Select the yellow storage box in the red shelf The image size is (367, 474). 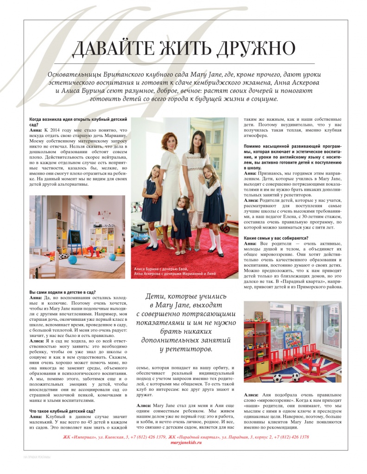(x=262, y=368)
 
